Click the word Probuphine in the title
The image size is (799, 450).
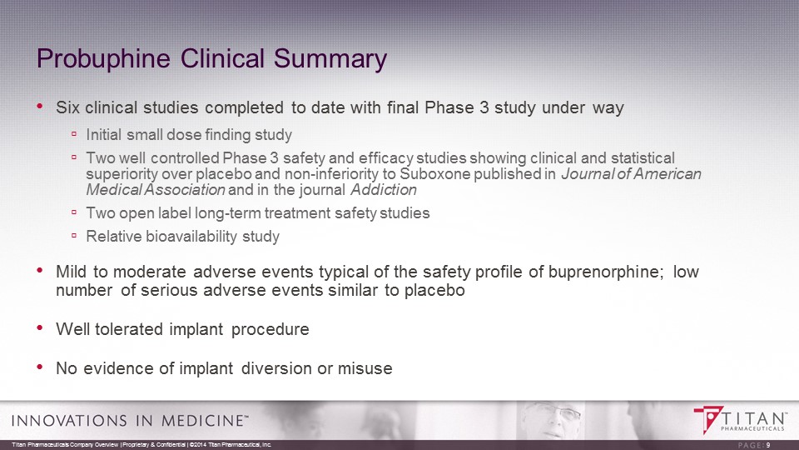[x=103, y=59]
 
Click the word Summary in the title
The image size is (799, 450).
[x=330, y=59]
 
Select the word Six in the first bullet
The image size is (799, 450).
[x=68, y=107]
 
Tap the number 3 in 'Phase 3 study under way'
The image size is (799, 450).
[x=484, y=107]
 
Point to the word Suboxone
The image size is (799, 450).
[x=434, y=174]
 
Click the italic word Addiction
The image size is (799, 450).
[x=384, y=190]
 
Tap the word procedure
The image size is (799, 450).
[x=270, y=330]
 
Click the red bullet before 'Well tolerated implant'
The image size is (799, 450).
[x=40, y=328]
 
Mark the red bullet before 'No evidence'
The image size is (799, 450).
[x=40, y=367]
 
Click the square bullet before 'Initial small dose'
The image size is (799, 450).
[x=74, y=134]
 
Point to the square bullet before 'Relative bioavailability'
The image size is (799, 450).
[x=74, y=236]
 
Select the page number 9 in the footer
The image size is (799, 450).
[x=768, y=445]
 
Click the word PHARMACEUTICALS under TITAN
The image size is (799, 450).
[x=752, y=428]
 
